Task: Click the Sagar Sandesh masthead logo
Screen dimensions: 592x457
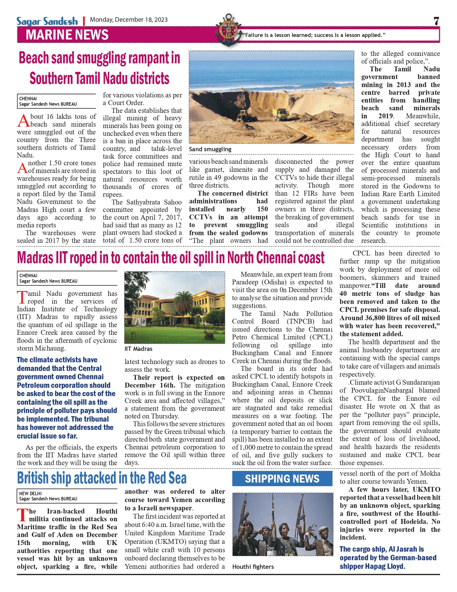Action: tap(47, 21)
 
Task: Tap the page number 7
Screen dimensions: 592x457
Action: tap(436, 21)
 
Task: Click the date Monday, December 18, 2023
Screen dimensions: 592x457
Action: tap(129, 20)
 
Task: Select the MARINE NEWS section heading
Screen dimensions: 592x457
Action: tap(67, 35)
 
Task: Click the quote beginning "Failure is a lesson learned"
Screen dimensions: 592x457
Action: tap(314, 35)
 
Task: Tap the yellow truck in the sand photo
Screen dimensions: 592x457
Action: tap(281, 115)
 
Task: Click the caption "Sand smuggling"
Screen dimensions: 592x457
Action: tap(210, 149)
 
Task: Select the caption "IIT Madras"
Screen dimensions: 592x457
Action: tap(138, 349)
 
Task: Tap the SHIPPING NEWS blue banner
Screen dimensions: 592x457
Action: tap(282, 479)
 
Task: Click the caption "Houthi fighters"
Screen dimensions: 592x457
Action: tap(253, 567)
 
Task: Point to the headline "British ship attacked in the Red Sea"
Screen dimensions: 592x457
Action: tap(102, 478)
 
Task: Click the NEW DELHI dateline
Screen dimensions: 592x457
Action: tap(30, 493)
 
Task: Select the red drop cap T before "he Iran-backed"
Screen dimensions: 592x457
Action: tap(22, 515)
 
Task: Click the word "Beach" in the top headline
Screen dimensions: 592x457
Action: tap(34, 58)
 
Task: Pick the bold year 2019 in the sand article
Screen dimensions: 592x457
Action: tap(385, 116)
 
